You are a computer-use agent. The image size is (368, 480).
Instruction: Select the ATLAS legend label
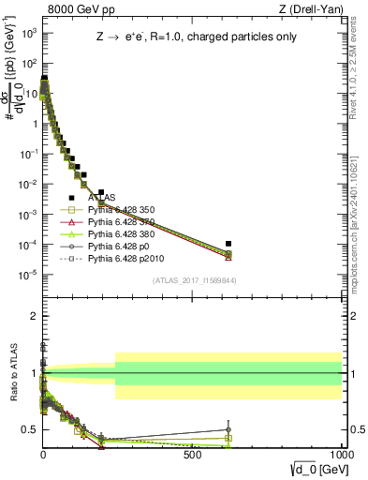pos(102,198)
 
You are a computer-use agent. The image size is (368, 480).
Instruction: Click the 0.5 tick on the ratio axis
pos(28,429)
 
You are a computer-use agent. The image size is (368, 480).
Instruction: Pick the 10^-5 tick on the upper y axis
pos(27,275)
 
